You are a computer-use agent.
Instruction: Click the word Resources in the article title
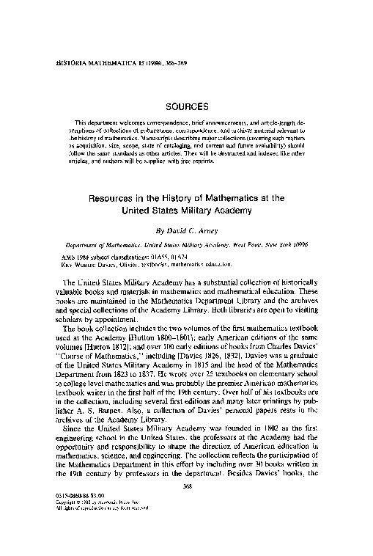(x=115, y=198)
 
